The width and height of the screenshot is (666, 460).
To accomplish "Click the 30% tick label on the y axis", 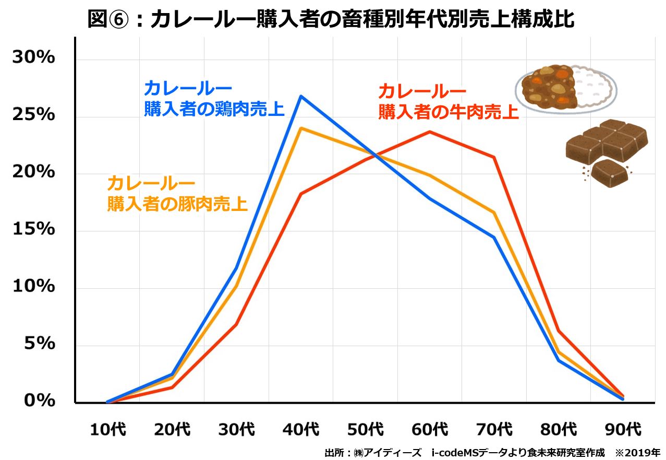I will [34, 57].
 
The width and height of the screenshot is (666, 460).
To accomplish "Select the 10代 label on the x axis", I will [107, 430].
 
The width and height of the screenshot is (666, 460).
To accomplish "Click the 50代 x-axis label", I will [366, 430].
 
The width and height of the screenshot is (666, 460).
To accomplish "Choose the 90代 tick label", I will [623, 430].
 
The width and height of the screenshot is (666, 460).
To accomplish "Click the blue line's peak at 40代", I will [301, 96].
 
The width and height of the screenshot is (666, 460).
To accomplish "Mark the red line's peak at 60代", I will [430, 132].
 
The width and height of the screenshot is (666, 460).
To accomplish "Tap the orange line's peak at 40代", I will [301, 128].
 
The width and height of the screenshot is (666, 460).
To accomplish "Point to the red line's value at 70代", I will [494, 157].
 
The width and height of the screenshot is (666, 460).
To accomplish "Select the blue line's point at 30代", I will [236, 269].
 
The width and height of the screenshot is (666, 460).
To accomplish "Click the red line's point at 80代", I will [559, 331].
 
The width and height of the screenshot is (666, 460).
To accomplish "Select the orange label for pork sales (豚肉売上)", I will [177, 194].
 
